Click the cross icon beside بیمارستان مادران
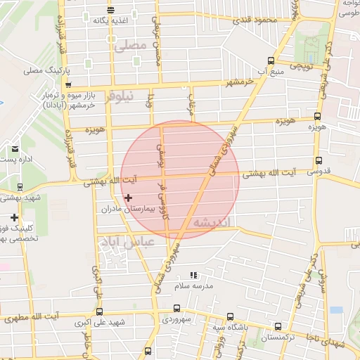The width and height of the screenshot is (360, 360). [127, 199]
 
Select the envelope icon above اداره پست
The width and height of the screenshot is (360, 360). [15, 149]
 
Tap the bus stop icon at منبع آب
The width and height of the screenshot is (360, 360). [271, 61]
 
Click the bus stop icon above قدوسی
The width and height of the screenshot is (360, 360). [319, 160]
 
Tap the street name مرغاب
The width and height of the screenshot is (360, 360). [189, 105]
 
